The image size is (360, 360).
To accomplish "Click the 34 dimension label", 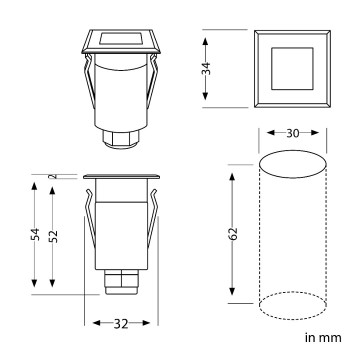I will click(206, 67).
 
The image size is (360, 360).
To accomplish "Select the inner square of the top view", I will click(291, 67).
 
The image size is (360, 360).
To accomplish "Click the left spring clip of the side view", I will click(92, 225).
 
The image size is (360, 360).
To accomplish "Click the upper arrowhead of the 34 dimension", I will click(206, 40).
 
